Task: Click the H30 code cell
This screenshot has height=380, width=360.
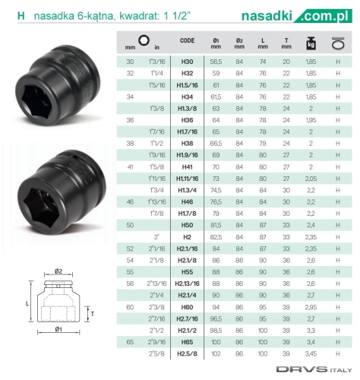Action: [187, 62]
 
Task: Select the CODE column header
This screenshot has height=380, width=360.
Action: [187, 40]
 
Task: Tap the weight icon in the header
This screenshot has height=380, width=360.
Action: [311, 43]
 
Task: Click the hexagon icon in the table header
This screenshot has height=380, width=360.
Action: [144, 40]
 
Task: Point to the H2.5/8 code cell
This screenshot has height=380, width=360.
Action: [187, 353]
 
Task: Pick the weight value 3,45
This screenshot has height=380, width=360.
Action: [311, 353]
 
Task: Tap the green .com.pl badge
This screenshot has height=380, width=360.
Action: [324, 16]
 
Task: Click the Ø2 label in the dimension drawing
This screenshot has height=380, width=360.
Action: [58, 271]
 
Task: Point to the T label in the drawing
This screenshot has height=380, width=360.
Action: [93, 314]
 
